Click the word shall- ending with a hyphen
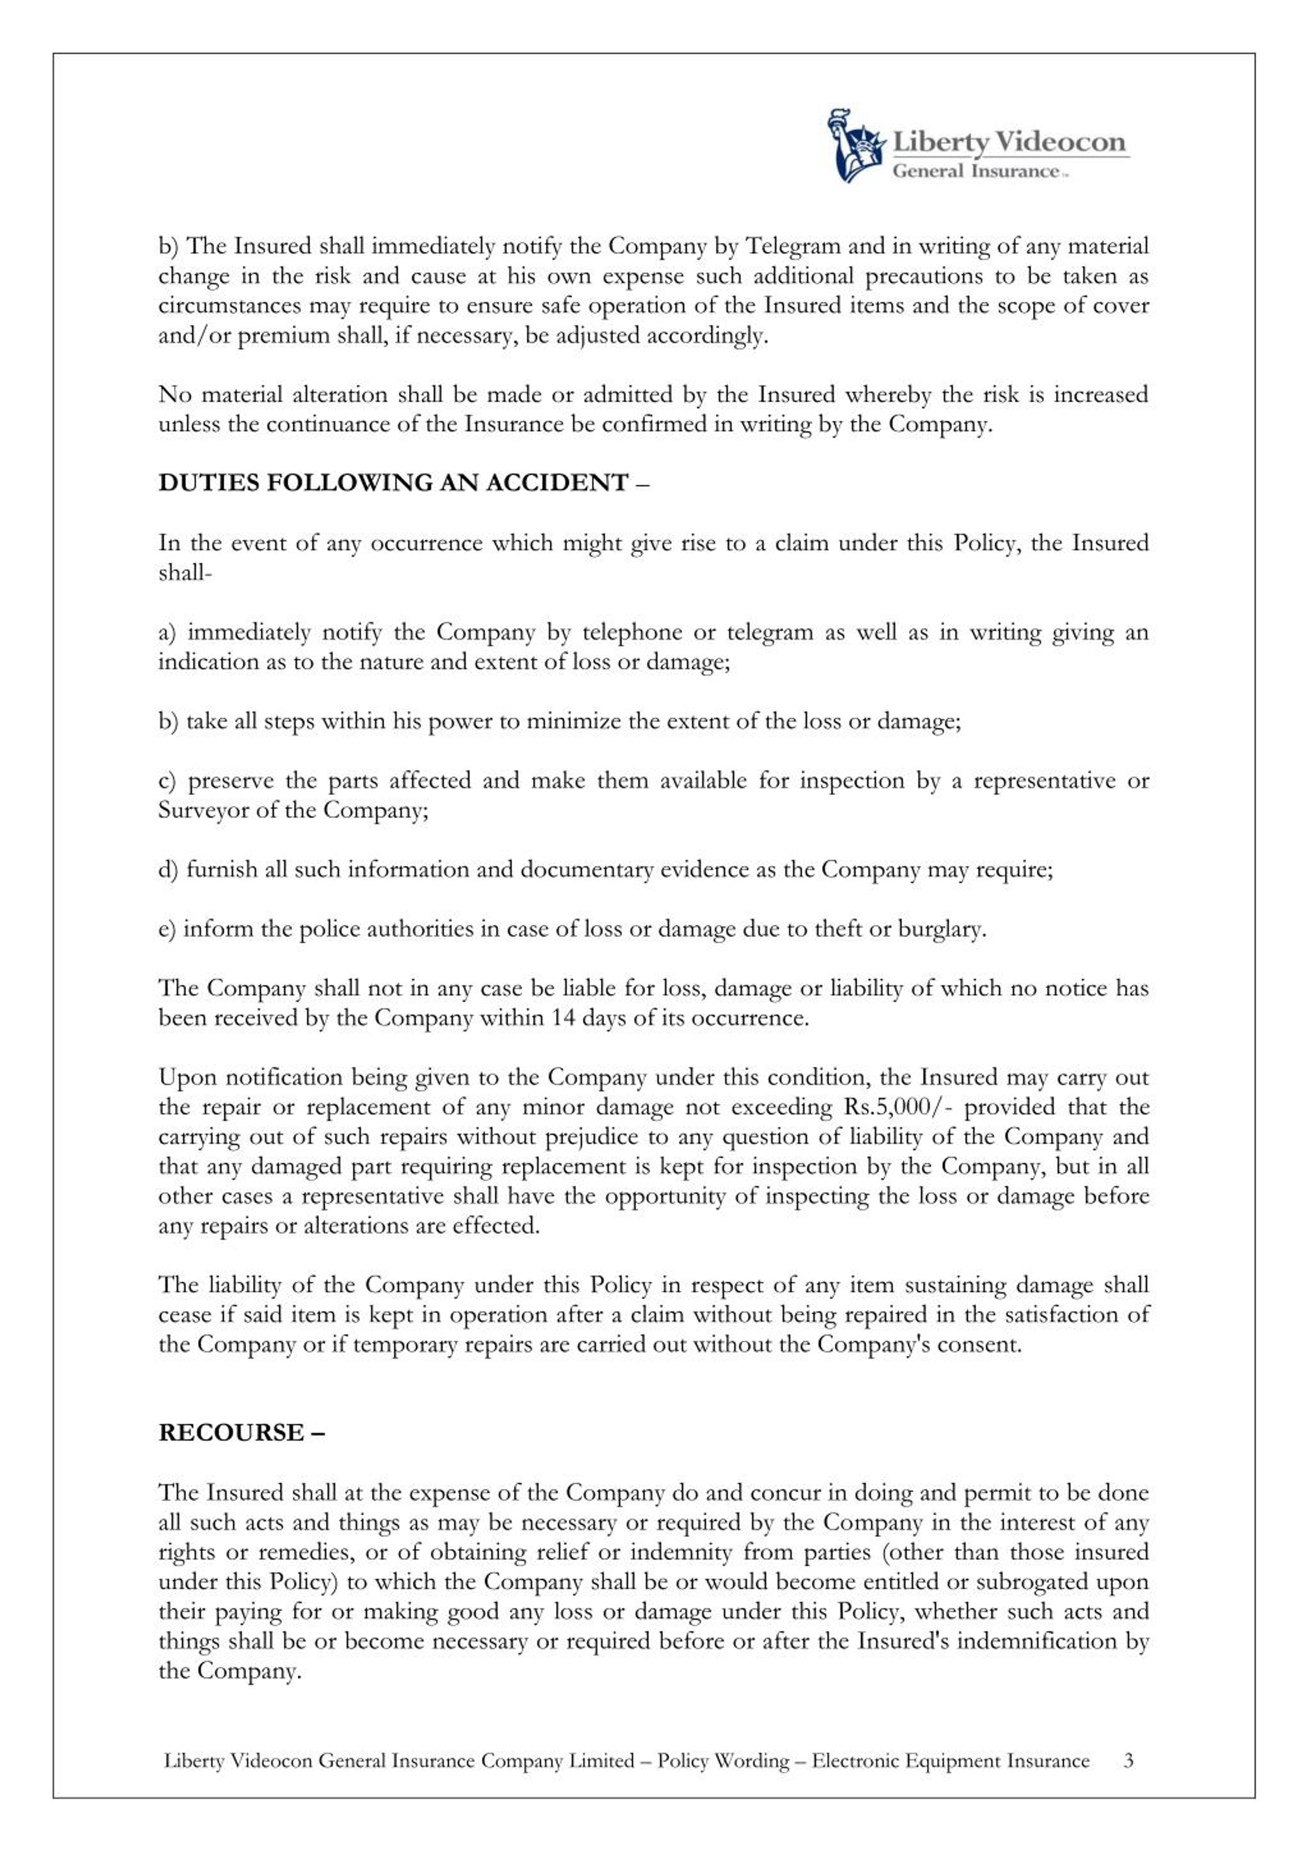[x=184, y=573]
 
